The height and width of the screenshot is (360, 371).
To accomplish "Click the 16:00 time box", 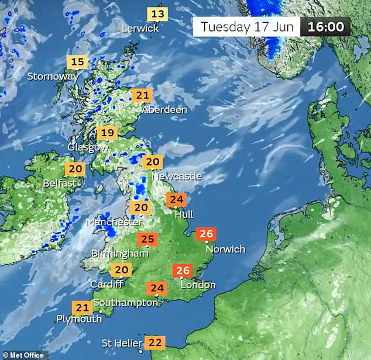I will point(326,27).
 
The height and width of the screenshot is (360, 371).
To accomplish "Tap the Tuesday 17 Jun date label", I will point(246,27).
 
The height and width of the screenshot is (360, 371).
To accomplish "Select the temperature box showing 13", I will point(157,14).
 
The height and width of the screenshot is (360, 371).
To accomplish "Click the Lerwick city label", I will point(140,28).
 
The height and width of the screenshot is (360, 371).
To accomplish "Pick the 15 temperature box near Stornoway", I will point(77,62).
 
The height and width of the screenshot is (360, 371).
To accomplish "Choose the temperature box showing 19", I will point(107,133).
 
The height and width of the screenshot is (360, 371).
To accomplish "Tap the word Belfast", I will point(60,183).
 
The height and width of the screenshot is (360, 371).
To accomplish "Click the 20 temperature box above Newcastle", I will point(153,162).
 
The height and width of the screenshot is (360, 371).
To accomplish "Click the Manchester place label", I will point(114,222).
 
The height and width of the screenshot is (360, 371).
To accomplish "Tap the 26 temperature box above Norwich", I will point(206,234).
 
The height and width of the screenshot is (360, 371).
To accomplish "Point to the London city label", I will point(198,285).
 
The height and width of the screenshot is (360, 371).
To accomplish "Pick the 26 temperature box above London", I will point(183,271).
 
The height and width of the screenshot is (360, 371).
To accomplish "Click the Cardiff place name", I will point(107,284).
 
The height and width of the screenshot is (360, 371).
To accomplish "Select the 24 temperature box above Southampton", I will point(157,288).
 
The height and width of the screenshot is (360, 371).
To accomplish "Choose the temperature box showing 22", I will point(156,342).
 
